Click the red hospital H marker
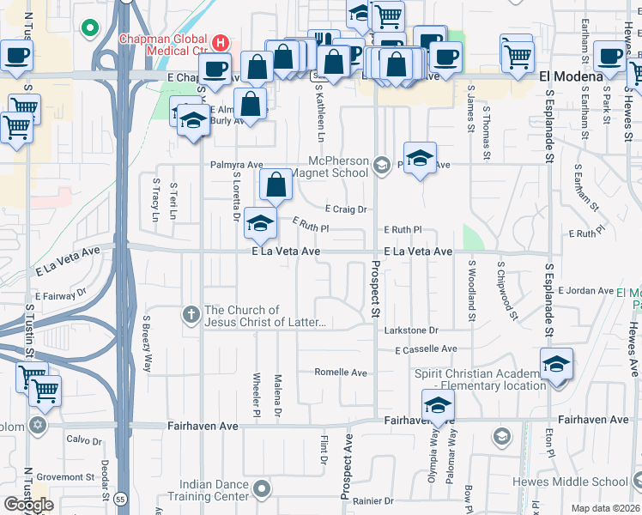(221, 40)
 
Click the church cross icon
(192, 315)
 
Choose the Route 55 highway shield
(118, 497)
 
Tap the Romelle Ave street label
(341, 373)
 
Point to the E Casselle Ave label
(426, 349)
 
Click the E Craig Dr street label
(346, 209)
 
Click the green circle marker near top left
(88, 29)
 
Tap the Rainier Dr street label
(372, 500)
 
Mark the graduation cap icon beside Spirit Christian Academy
(555, 364)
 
